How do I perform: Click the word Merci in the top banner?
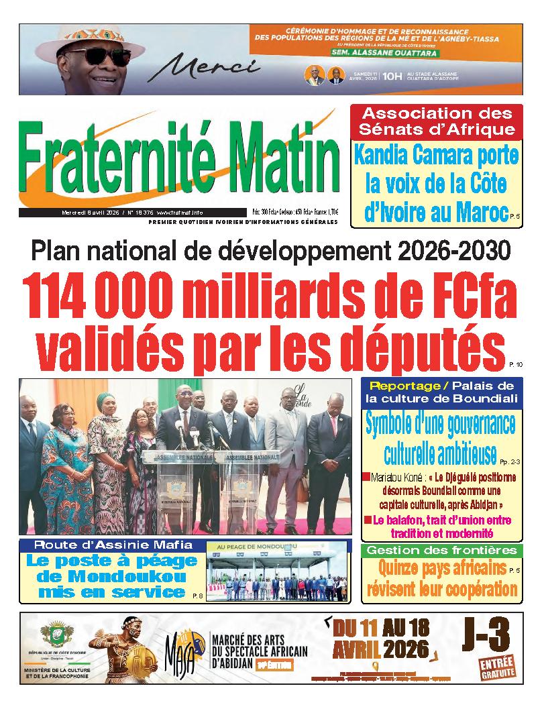pyautogui.click(x=210, y=68)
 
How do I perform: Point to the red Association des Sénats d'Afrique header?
pyautogui.click(x=437, y=121)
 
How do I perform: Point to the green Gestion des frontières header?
pyautogui.click(x=441, y=551)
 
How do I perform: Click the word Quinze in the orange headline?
pyautogui.click(x=398, y=569)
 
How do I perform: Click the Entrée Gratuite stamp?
pyautogui.click(x=496, y=667)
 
